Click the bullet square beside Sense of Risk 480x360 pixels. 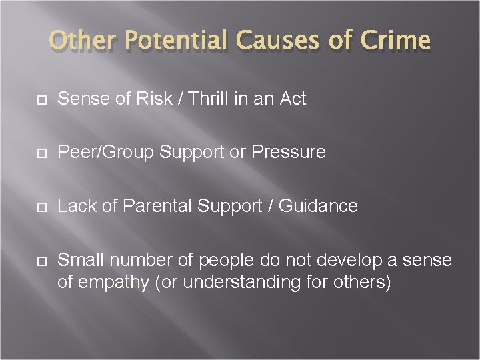pyautogui.click(x=41, y=99)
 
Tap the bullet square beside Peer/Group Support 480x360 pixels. pyautogui.click(x=41, y=153)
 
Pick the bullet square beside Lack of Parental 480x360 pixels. pyautogui.click(x=41, y=207)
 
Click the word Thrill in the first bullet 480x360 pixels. pyautogui.click(x=209, y=99)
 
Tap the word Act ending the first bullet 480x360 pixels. pyautogui.click(x=292, y=99)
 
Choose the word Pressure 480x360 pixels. pyautogui.click(x=289, y=152)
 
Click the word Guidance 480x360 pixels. pyautogui.click(x=318, y=206)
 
